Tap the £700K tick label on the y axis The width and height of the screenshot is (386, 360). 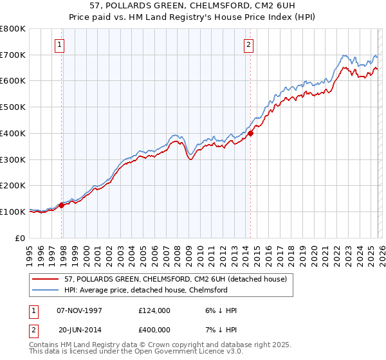pyautogui.click(x=13, y=55)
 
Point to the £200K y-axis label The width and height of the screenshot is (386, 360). pyautogui.click(x=13, y=185)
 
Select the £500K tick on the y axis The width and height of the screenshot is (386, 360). pyautogui.click(x=13, y=107)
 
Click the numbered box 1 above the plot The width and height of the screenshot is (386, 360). pyautogui.click(x=59, y=44)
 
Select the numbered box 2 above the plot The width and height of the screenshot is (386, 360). pyautogui.click(x=248, y=44)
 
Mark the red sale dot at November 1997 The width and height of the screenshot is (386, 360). pyautogui.click(x=62, y=206)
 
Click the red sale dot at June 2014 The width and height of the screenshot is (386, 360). pyautogui.click(x=250, y=134)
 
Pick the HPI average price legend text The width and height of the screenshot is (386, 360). pyautogui.click(x=145, y=290)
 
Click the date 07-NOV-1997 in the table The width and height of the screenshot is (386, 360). pyautogui.click(x=84, y=311)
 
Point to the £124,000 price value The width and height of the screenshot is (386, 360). pyautogui.click(x=154, y=311)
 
